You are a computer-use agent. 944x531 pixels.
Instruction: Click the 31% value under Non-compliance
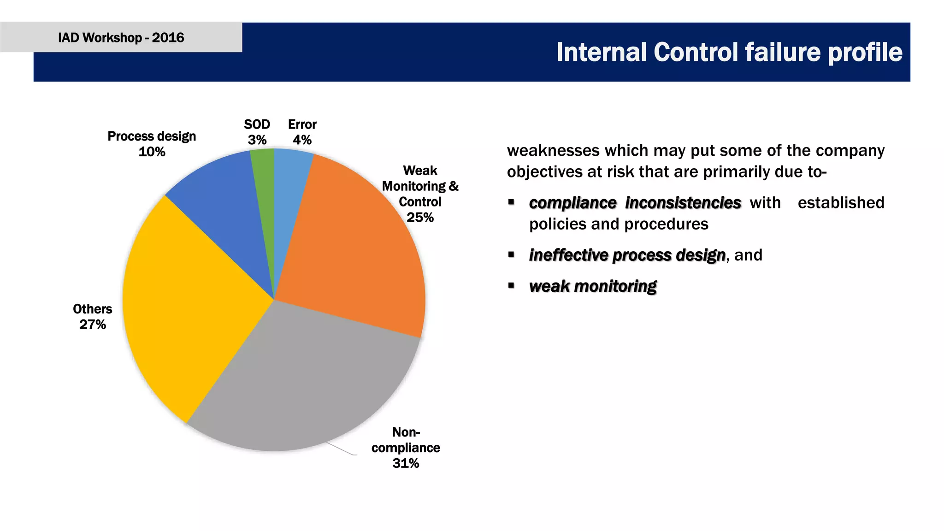[x=406, y=463]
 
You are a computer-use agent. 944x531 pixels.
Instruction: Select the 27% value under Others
[x=93, y=324]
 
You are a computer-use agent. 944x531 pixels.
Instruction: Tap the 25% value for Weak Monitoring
[x=420, y=217]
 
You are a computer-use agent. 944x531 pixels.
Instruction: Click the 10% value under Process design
[x=152, y=152]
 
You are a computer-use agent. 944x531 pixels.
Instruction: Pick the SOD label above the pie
[x=257, y=124]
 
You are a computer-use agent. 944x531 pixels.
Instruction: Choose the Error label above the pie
[x=302, y=124]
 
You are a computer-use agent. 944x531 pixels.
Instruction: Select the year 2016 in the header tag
[x=168, y=37]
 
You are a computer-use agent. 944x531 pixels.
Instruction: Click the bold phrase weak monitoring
[x=593, y=286]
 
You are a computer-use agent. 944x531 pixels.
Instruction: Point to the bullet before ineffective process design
[x=511, y=254]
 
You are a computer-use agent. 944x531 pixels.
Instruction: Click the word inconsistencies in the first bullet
[x=683, y=203]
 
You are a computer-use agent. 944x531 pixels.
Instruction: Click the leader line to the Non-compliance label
[x=341, y=449]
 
